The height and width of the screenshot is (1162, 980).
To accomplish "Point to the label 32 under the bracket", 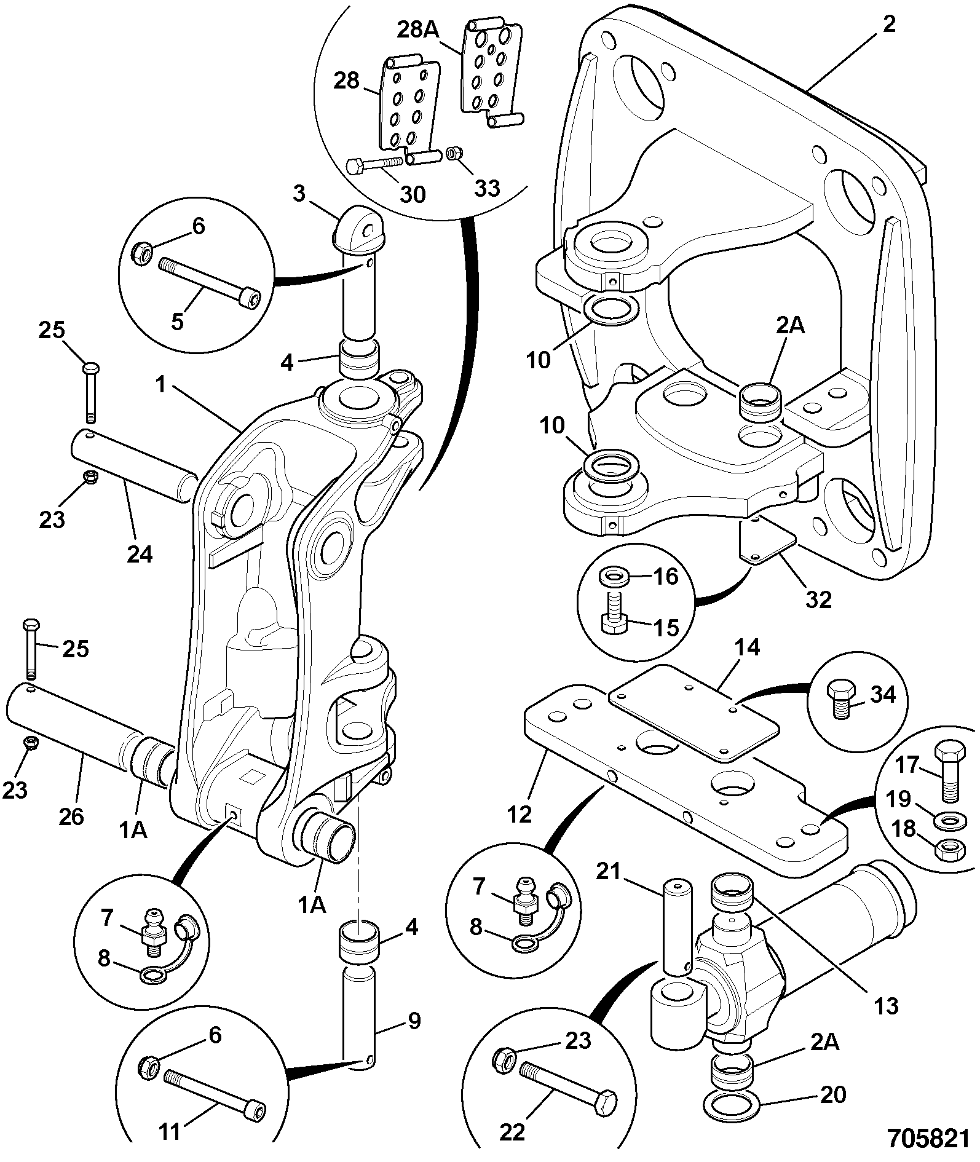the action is click(x=818, y=599).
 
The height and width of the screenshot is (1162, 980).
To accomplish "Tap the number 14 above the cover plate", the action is click(x=747, y=647).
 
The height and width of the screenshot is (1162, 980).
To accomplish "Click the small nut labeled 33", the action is click(x=454, y=152).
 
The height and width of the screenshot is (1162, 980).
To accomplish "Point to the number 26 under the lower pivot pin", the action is click(x=71, y=816).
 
